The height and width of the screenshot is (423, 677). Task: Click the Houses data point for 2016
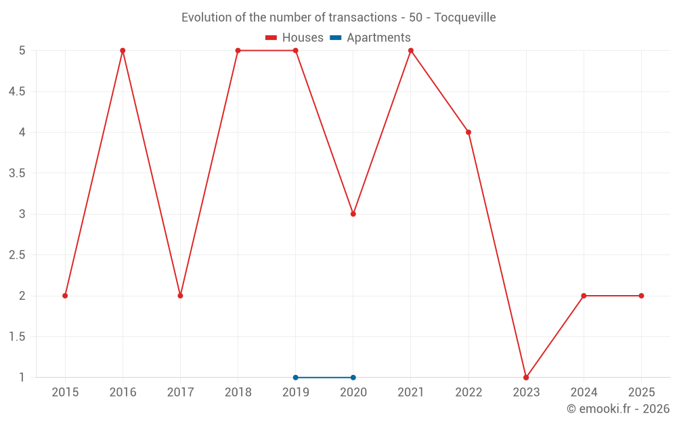[x=123, y=51]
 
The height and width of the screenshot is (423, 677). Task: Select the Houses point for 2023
[x=526, y=378]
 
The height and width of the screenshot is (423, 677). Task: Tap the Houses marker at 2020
[x=353, y=214]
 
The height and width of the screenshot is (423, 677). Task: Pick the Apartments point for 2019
[x=296, y=378]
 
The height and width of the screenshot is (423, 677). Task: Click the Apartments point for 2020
[x=353, y=378]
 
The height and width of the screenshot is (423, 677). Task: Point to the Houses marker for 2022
[x=468, y=132]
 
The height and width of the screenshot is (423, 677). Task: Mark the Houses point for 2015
[x=65, y=296]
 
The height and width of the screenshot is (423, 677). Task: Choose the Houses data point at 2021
[x=411, y=51]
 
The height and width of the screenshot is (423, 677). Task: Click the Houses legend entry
[x=294, y=38]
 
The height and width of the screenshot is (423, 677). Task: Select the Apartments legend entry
[x=370, y=38]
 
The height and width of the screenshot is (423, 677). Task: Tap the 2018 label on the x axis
[x=238, y=393]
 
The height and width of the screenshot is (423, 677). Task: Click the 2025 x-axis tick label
[x=641, y=393]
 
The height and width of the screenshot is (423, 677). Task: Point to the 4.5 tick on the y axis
[x=17, y=91]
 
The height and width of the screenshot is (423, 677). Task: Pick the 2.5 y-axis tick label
[x=17, y=255]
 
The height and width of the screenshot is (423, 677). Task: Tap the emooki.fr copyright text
[x=618, y=409]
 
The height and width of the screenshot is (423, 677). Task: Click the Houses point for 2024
[x=584, y=296]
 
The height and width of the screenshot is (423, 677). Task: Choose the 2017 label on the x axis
[x=180, y=393]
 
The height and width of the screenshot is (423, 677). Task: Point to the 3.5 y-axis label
[x=17, y=173]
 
